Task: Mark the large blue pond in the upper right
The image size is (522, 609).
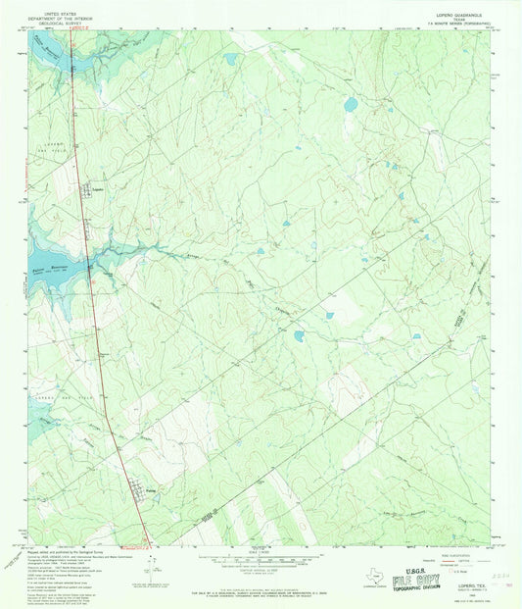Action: click(x=350, y=104)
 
